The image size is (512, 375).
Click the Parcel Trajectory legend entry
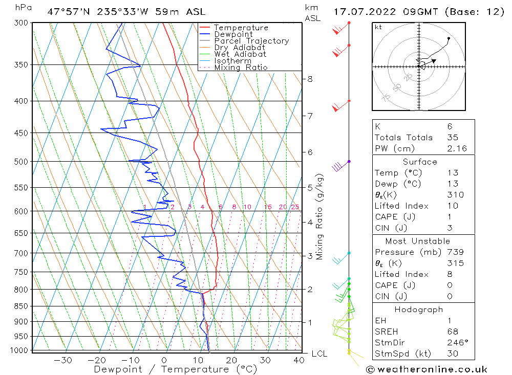point(251,41)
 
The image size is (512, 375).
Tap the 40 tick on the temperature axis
point(298,360)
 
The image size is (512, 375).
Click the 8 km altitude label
point(310,79)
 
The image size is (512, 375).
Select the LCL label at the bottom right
point(319,354)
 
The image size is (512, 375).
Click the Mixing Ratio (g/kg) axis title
point(320,217)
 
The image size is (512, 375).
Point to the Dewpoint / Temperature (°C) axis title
point(176,369)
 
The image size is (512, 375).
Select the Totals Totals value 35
point(453,138)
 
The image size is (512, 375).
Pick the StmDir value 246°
point(455,343)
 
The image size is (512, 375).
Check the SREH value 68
point(452,332)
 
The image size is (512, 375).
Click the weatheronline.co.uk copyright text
point(426,369)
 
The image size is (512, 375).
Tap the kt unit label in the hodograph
point(378,27)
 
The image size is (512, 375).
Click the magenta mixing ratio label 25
point(295,207)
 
